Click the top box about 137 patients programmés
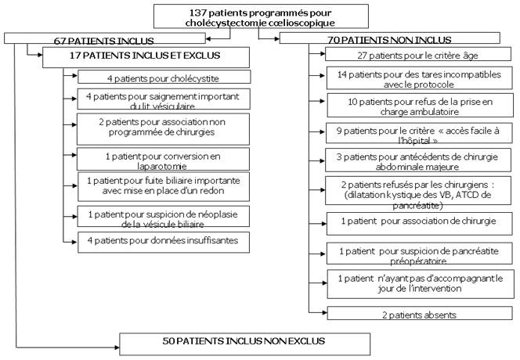point(260,16)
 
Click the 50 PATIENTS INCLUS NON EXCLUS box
point(244,341)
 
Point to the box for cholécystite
point(163,77)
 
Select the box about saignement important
point(163,100)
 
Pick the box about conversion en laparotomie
point(163,159)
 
